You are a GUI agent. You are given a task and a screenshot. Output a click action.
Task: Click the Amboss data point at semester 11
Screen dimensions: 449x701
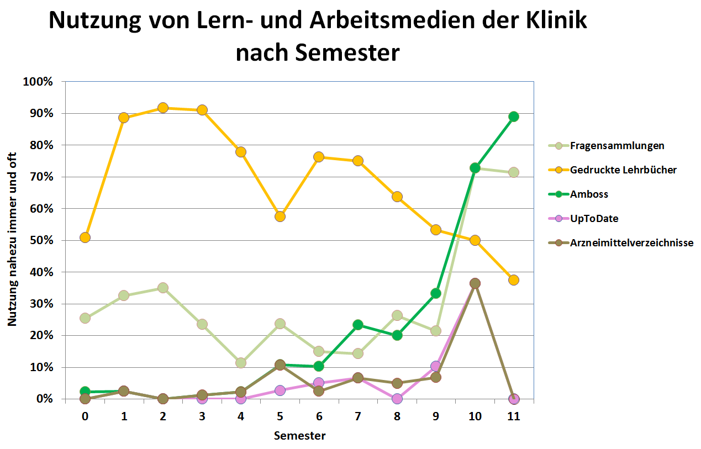coord(514,117)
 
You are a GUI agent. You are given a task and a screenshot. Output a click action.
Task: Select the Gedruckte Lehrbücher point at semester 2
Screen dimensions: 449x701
coord(163,108)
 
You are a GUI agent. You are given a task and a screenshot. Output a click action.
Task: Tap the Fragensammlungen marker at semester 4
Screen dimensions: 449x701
coord(241,363)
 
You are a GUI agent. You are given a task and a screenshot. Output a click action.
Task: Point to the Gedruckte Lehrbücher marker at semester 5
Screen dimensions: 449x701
coord(280,216)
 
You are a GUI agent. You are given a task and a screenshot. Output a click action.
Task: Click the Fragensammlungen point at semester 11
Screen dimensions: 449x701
coord(514,172)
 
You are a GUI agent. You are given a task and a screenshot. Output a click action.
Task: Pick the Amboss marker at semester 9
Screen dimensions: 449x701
coord(436,293)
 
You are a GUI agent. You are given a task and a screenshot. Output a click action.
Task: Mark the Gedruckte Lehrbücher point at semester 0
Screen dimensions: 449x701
coord(85,237)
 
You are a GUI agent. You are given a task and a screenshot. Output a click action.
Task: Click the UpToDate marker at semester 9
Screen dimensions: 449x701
coord(436,366)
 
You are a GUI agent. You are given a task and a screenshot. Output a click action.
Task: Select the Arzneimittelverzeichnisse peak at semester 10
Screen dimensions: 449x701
coord(475,283)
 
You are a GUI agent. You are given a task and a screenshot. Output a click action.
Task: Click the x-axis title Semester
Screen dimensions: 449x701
coord(299,436)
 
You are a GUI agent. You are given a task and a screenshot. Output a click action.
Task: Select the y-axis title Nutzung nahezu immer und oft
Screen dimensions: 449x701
coord(12,240)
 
